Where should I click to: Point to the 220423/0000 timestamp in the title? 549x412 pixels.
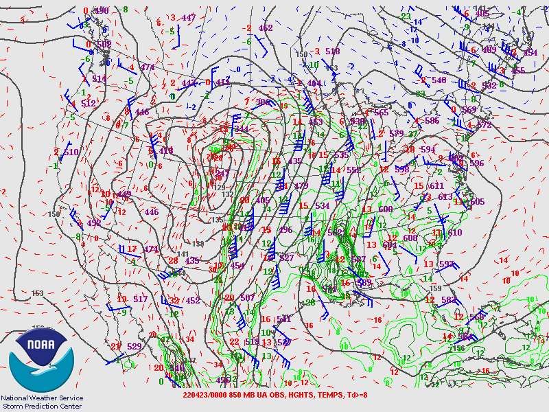pyautogui.click(x=205, y=394)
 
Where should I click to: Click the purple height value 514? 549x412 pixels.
pyautogui.click(x=100, y=80)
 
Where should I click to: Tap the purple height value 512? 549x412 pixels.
pyautogui.click(x=89, y=104)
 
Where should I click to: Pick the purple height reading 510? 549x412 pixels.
pyautogui.click(x=71, y=152)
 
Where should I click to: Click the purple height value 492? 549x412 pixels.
pyautogui.click(x=94, y=222)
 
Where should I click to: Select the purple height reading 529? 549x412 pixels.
pyautogui.click(x=135, y=347)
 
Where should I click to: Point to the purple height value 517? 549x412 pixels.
pyautogui.click(x=141, y=299)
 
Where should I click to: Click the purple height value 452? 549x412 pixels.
pyautogui.click(x=193, y=300)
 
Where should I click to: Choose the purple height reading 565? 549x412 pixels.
pyautogui.click(x=381, y=113)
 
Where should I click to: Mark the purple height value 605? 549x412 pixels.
pyautogui.click(x=476, y=202)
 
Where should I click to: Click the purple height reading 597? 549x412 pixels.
pyautogui.click(x=447, y=264)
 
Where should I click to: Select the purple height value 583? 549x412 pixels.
pyautogui.click(x=449, y=300)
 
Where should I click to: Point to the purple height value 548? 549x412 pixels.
pyautogui.click(x=439, y=80)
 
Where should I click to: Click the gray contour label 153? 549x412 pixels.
pyautogui.click(x=38, y=293)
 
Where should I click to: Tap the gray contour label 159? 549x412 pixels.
pyautogui.click(x=435, y=288)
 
